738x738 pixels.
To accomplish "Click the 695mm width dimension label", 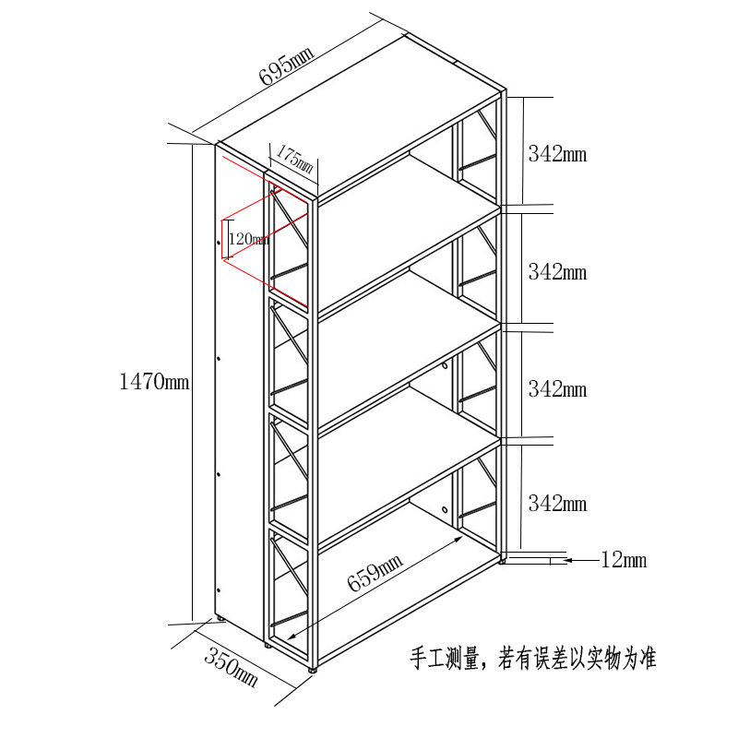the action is point(286,65).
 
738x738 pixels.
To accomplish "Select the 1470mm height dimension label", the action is point(154,381).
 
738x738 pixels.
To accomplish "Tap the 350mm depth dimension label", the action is point(231,667).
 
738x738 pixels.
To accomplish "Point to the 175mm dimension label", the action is point(294,159).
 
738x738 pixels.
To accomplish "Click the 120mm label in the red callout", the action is point(249,239).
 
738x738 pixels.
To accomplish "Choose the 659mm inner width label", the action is point(375,571).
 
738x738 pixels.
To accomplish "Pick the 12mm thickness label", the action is point(624,560).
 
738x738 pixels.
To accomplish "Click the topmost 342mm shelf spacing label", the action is point(557,154).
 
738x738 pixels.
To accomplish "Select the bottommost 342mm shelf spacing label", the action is point(557,503).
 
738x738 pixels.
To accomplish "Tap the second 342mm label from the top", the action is point(557,271).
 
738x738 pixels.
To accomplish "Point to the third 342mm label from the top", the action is point(557,388).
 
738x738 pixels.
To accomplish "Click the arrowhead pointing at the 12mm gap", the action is point(568,560).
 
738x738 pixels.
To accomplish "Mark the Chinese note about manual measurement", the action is point(533,658).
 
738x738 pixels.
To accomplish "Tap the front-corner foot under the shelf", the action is point(312,668).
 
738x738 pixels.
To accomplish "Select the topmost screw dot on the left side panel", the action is point(219,243).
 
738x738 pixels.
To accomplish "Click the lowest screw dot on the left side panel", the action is point(219,589).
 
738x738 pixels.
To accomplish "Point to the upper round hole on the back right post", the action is point(445,366).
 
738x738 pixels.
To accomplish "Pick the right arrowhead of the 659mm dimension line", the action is point(458,539).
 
